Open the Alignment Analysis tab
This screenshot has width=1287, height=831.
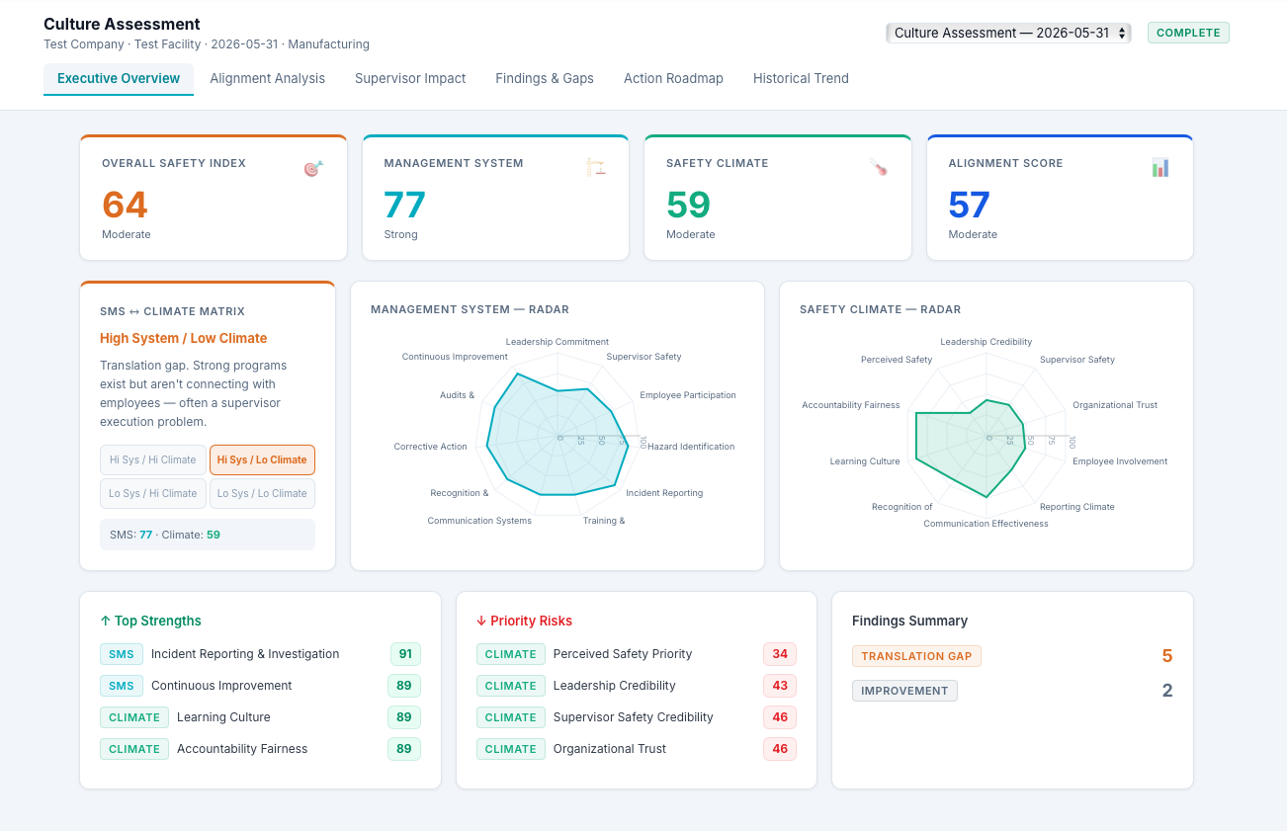point(267,78)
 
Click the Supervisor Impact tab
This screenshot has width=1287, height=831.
point(410,78)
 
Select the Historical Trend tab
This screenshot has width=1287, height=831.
point(801,78)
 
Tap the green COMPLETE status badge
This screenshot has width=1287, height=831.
point(1188,33)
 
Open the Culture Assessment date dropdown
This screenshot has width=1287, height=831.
point(1008,33)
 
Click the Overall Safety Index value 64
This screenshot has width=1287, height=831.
point(125,205)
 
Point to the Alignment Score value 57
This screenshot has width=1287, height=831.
point(969,205)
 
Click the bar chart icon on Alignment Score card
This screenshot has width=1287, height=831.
point(1160,168)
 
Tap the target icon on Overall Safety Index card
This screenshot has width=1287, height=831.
point(313,168)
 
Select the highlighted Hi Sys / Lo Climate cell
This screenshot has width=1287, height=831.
point(262,460)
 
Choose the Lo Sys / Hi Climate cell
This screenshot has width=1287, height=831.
point(153,493)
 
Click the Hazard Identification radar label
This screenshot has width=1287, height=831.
point(691,447)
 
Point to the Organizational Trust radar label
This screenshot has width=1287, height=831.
point(1115,405)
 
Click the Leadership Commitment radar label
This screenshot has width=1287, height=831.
point(557,342)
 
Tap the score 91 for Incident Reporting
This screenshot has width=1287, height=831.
point(405,654)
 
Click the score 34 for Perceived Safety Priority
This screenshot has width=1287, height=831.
point(780,654)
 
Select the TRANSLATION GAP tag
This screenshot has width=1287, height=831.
point(916,656)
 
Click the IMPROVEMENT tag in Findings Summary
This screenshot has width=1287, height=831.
point(904,691)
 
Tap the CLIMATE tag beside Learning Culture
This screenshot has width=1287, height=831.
point(134,717)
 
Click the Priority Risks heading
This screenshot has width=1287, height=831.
point(525,621)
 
